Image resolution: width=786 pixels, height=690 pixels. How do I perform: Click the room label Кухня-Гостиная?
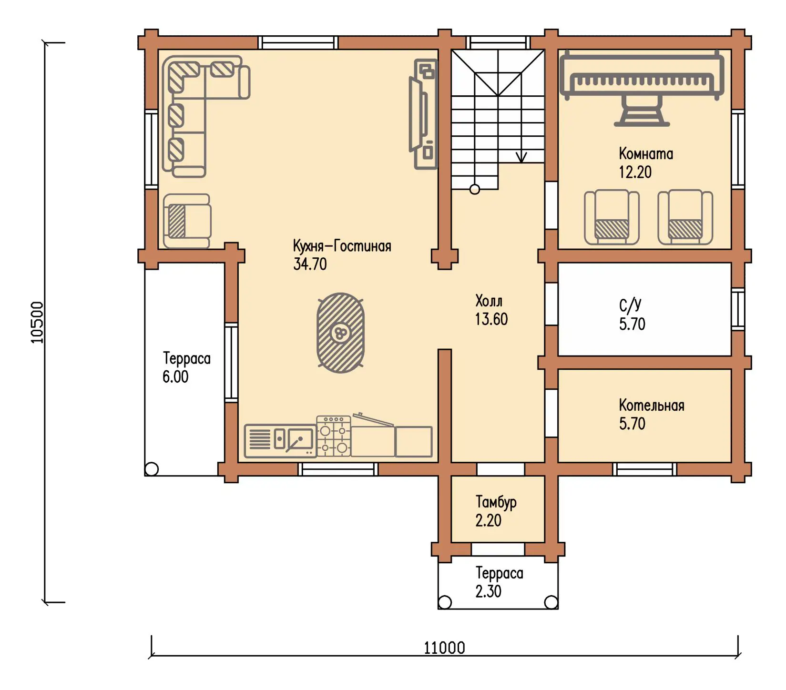[342, 246]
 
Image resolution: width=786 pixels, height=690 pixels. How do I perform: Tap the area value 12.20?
[635, 172]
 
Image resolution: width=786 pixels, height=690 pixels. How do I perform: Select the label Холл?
[489, 301]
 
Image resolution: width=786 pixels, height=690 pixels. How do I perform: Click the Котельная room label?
[652, 406]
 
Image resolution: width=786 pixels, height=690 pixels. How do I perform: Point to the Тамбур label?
[496, 502]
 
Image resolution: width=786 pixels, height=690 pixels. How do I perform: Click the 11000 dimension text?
[444, 648]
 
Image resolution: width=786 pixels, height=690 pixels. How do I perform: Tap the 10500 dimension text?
[37, 323]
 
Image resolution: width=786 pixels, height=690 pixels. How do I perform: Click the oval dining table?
[341, 333]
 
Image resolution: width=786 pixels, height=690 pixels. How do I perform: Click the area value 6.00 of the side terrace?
[175, 376]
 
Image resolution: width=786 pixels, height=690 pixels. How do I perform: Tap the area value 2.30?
[488, 591]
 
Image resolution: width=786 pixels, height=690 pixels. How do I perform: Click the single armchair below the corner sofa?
[187, 221]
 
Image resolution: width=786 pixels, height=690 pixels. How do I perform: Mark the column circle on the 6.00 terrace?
[152, 469]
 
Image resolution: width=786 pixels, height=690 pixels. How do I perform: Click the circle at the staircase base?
[475, 189]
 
